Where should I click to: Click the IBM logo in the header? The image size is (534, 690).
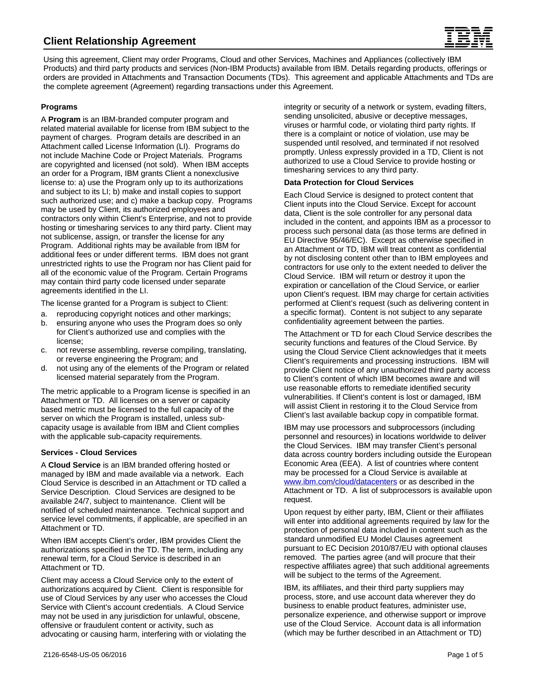pos(469,38)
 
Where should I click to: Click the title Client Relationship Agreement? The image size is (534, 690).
pos(119,41)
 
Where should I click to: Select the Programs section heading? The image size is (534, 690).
pos(59,107)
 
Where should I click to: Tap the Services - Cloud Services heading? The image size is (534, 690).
pos(89,453)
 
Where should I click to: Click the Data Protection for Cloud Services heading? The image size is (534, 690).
pos(349,183)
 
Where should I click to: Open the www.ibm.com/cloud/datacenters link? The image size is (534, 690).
pos(340,482)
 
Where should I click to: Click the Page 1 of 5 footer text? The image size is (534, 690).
pos(465,655)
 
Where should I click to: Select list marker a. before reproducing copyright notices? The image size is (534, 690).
pos(44,314)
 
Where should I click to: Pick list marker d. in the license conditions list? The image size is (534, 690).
pos(44,369)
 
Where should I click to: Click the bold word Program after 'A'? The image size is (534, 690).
pos(64,120)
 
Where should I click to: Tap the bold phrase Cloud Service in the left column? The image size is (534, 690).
pos(74,465)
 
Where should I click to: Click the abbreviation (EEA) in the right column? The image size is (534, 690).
pos(350,464)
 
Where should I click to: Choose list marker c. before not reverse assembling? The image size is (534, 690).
pos(44,350)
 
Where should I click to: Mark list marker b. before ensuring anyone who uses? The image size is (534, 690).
pos(44,323)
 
